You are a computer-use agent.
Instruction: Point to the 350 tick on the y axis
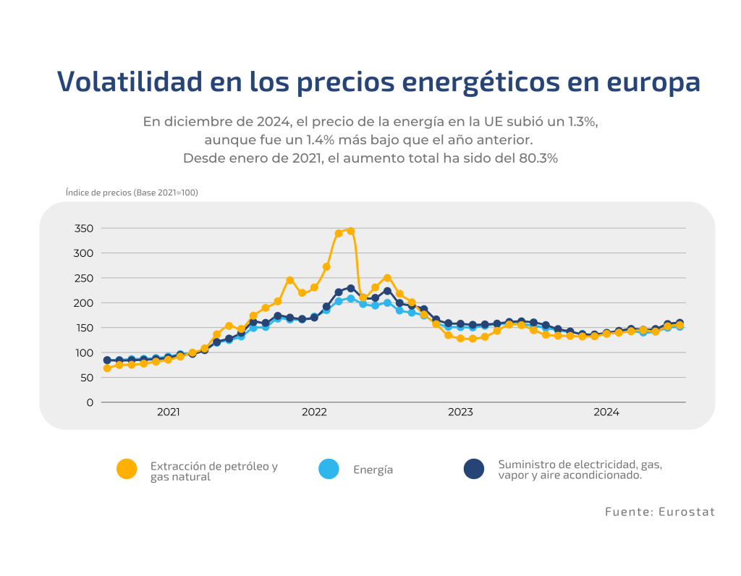(84, 228)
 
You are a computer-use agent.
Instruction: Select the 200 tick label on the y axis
(84, 302)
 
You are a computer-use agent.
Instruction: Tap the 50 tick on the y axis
(87, 377)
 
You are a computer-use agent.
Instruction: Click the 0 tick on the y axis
(90, 402)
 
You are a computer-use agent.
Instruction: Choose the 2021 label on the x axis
(169, 412)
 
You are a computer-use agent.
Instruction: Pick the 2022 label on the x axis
(314, 412)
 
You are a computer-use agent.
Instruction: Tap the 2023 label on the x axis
(460, 412)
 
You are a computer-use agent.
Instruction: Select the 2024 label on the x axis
(606, 412)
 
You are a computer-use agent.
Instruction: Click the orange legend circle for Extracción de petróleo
(127, 470)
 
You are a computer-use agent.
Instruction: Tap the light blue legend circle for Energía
(329, 470)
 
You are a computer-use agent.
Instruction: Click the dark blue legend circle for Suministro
(474, 470)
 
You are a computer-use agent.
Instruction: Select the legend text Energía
(373, 470)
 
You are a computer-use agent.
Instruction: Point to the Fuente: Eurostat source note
(660, 512)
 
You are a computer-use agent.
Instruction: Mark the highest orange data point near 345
(351, 231)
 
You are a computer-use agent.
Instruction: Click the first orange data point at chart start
(107, 368)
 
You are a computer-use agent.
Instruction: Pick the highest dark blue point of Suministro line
(351, 289)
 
